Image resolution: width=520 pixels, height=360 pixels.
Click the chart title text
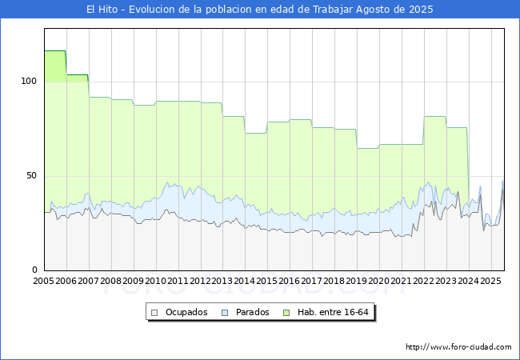point(260,10)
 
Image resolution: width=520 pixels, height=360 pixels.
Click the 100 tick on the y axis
point(29,81)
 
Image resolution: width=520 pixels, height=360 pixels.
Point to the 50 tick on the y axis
point(32,175)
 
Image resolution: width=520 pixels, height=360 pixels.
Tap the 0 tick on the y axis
point(35,270)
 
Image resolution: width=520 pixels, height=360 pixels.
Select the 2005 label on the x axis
point(44,282)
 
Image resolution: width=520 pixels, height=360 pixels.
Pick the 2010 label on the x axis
point(156,282)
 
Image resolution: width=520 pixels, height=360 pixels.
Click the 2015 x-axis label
point(267,282)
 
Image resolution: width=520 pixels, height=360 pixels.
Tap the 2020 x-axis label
point(379,282)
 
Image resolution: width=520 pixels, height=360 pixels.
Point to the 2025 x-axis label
point(490,282)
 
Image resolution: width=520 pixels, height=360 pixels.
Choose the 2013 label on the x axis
point(222,282)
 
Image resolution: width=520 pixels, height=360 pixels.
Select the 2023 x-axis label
point(446,282)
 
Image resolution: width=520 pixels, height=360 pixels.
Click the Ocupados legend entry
point(186,312)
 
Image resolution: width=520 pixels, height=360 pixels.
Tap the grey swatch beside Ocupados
point(155,312)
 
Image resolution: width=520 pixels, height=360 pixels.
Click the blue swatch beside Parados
point(226,312)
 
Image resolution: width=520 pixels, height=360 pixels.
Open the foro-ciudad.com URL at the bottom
point(458,347)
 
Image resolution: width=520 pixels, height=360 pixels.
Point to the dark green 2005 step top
point(54,51)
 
